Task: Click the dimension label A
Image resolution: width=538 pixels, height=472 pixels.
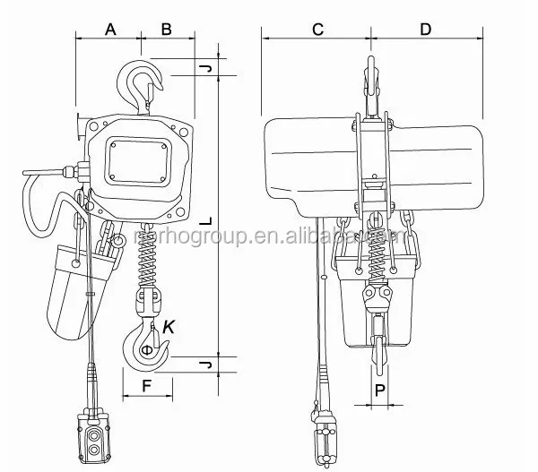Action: [110, 29]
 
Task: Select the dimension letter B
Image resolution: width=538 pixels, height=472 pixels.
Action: [167, 29]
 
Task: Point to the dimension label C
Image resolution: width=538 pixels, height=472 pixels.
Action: [317, 29]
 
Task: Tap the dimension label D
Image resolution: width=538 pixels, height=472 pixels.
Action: [425, 29]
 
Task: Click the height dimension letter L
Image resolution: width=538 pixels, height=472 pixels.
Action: [205, 219]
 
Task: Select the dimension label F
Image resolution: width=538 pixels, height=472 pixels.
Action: [146, 387]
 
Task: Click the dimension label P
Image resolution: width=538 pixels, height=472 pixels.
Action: [380, 390]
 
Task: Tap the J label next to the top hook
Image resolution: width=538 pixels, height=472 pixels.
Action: [205, 68]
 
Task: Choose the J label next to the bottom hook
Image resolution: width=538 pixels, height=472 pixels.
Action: [205, 365]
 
